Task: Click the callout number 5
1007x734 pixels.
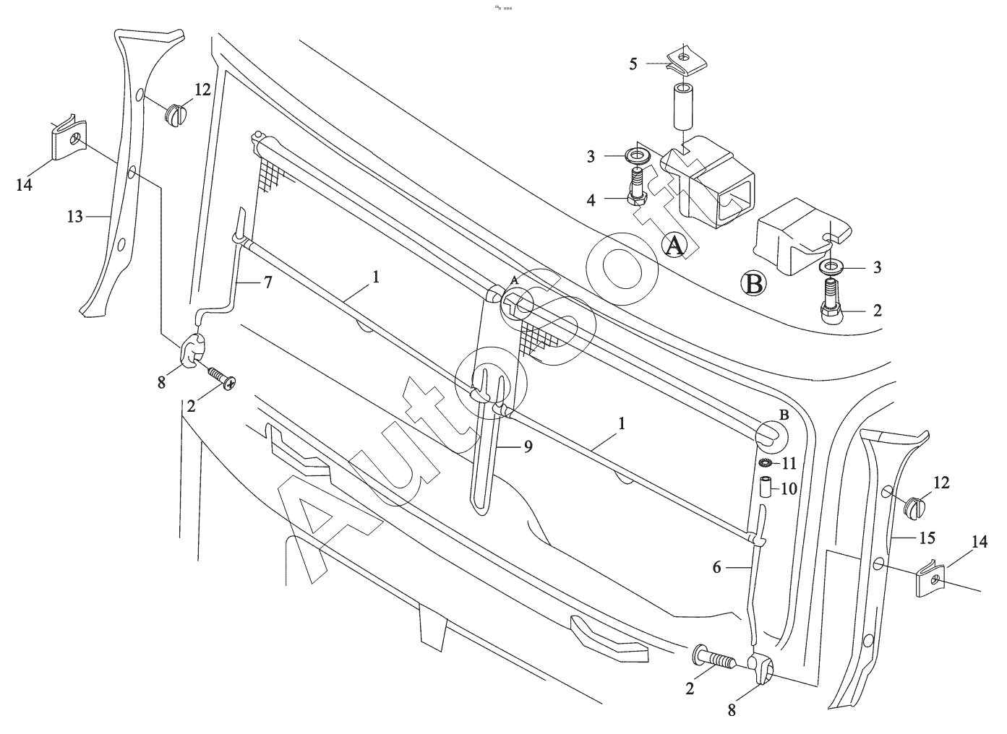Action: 633,64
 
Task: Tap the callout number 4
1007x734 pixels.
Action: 591,199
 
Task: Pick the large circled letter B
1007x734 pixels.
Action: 754,283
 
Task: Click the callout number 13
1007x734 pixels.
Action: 75,216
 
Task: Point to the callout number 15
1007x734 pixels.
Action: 927,537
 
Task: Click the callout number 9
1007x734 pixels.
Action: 528,446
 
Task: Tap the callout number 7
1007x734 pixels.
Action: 267,282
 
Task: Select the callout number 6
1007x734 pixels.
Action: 716,567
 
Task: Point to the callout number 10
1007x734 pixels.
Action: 788,489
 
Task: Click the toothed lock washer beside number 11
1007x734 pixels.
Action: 766,462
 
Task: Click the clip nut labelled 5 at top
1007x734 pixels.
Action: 682,59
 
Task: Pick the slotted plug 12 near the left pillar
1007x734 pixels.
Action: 176,113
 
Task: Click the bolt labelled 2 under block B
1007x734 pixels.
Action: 829,304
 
